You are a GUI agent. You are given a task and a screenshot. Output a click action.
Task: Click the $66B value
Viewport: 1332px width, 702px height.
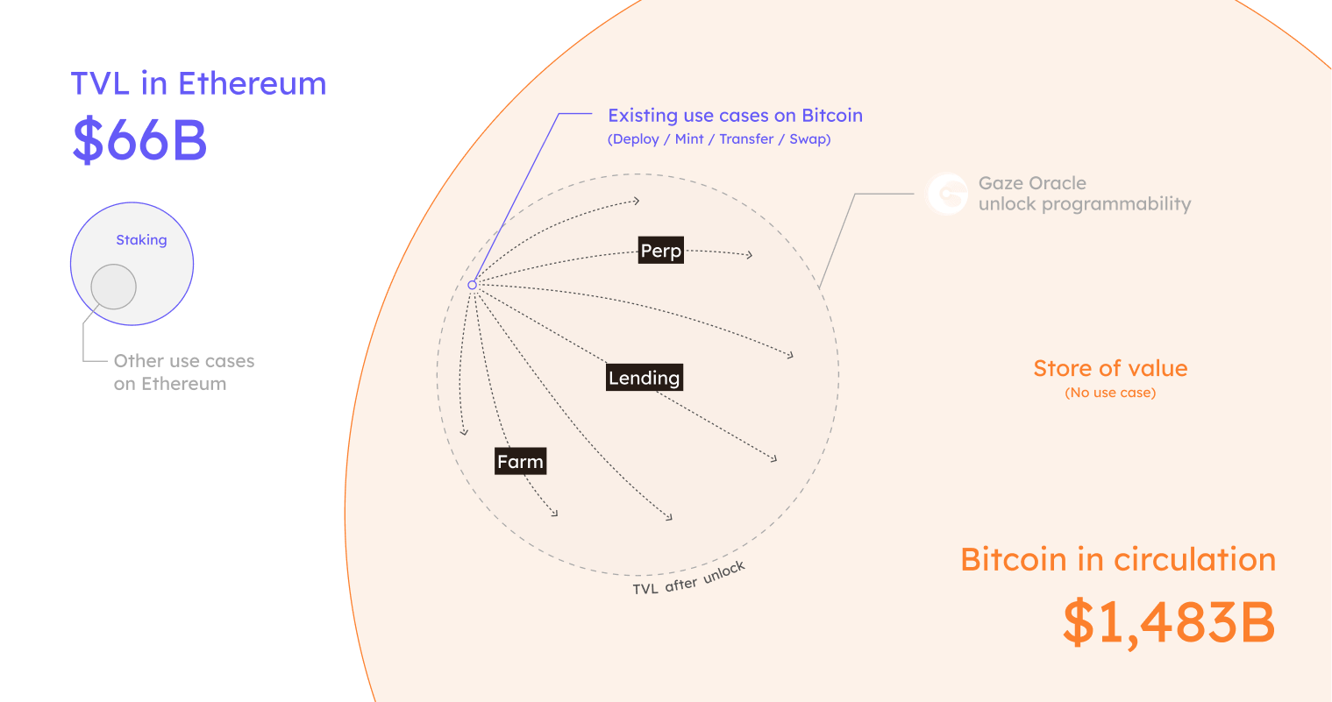tap(139, 140)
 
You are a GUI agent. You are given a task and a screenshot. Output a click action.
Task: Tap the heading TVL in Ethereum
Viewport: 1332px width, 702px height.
tap(198, 84)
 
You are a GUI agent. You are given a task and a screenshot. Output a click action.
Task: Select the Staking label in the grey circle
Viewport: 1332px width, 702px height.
tap(141, 240)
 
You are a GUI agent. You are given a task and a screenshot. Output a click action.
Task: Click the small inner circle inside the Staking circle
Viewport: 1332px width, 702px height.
tap(114, 287)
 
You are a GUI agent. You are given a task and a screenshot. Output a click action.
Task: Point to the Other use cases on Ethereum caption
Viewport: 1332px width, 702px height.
tap(183, 372)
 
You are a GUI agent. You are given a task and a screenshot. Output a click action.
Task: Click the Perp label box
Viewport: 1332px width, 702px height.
tap(661, 252)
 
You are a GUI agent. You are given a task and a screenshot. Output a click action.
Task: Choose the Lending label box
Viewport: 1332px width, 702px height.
tap(645, 379)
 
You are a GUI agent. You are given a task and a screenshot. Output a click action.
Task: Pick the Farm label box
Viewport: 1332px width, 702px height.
tap(520, 462)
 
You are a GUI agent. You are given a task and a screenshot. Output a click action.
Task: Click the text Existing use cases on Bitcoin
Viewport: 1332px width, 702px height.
tap(735, 116)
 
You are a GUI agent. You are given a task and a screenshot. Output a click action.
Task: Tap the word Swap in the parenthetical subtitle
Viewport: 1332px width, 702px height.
tap(808, 139)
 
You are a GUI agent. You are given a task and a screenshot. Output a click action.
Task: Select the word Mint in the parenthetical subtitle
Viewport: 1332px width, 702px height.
tap(689, 139)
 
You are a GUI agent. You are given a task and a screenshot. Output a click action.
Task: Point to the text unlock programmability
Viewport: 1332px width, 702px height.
tap(1085, 204)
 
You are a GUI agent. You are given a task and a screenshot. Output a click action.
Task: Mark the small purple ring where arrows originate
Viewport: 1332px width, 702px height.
tap(472, 285)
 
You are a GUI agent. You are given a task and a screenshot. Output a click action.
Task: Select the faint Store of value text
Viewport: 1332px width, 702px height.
tap(1110, 369)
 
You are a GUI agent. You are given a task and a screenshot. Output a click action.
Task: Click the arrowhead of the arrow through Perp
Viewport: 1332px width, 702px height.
tap(750, 255)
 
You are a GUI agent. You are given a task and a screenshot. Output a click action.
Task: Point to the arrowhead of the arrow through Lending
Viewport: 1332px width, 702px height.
tap(774, 458)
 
